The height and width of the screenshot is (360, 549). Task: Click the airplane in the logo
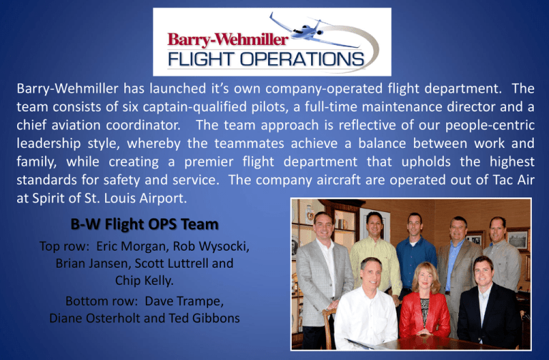[x=308, y=31]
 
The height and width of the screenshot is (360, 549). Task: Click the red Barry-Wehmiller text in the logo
[x=228, y=40]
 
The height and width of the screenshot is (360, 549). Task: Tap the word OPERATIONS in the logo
[x=302, y=59]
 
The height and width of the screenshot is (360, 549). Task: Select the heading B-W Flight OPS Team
[x=144, y=224]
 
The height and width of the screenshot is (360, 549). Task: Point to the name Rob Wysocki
[x=210, y=246]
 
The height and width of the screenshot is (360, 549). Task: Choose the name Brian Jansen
[x=92, y=263]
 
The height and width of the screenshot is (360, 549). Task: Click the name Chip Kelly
[x=144, y=281]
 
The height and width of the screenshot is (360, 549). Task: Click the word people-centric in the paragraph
[x=490, y=125]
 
